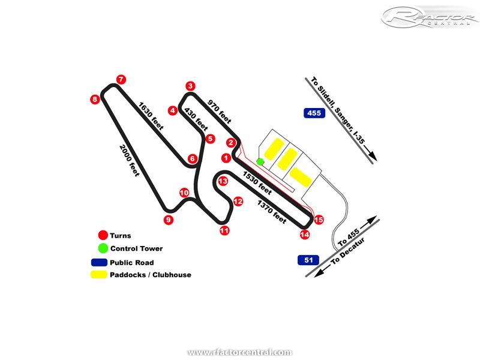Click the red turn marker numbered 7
[x=121, y=79]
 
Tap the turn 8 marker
[x=95, y=99]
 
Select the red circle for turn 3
[x=190, y=86]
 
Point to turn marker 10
[x=184, y=192]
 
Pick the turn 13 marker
[x=223, y=181]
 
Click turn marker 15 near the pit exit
[x=319, y=220]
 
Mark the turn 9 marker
[x=168, y=220]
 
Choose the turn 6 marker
[x=192, y=158]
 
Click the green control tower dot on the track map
[x=260, y=161]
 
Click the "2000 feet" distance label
[x=130, y=161]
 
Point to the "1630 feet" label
[x=151, y=116]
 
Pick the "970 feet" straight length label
[x=219, y=111]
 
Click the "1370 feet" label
[x=272, y=212]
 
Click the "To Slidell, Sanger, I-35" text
[x=342, y=118]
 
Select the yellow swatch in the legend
[x=99, y=275]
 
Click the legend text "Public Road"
[x=131, y=262]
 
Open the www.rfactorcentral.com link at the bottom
[x=240, y=352]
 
